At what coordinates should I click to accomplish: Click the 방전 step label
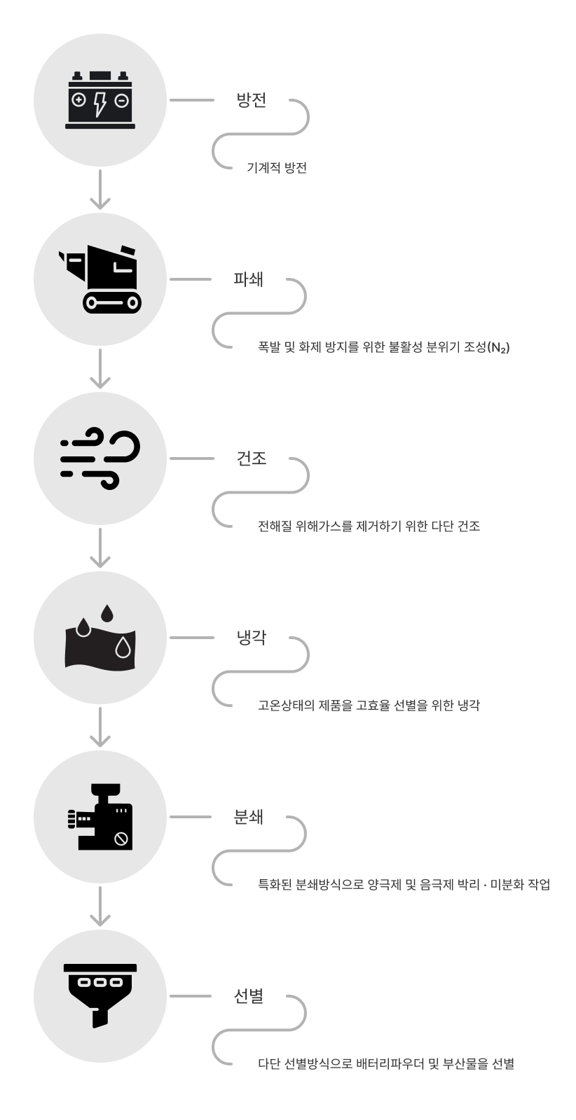pos(252,100)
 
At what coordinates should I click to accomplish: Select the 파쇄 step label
pos(249,279)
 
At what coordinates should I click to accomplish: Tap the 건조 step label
pos(252,458)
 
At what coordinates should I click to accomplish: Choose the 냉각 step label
pos(252,638)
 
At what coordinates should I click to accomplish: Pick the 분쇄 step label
pos(249,817)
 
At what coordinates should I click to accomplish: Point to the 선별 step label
pos(249,996)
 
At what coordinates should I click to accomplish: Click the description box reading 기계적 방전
pos(294,168)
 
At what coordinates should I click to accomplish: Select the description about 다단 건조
pos(379,526)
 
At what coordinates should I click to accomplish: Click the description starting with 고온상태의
pos(379,706)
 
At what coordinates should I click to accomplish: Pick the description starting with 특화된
pos(404,885)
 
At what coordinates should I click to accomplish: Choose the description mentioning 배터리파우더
pos(394,1064)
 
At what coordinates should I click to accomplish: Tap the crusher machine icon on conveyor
pos(100,279)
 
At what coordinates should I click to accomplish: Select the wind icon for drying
pos(100,458)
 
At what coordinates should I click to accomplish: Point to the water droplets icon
pos(100,638)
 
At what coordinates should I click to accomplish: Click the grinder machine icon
pos(100,816)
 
